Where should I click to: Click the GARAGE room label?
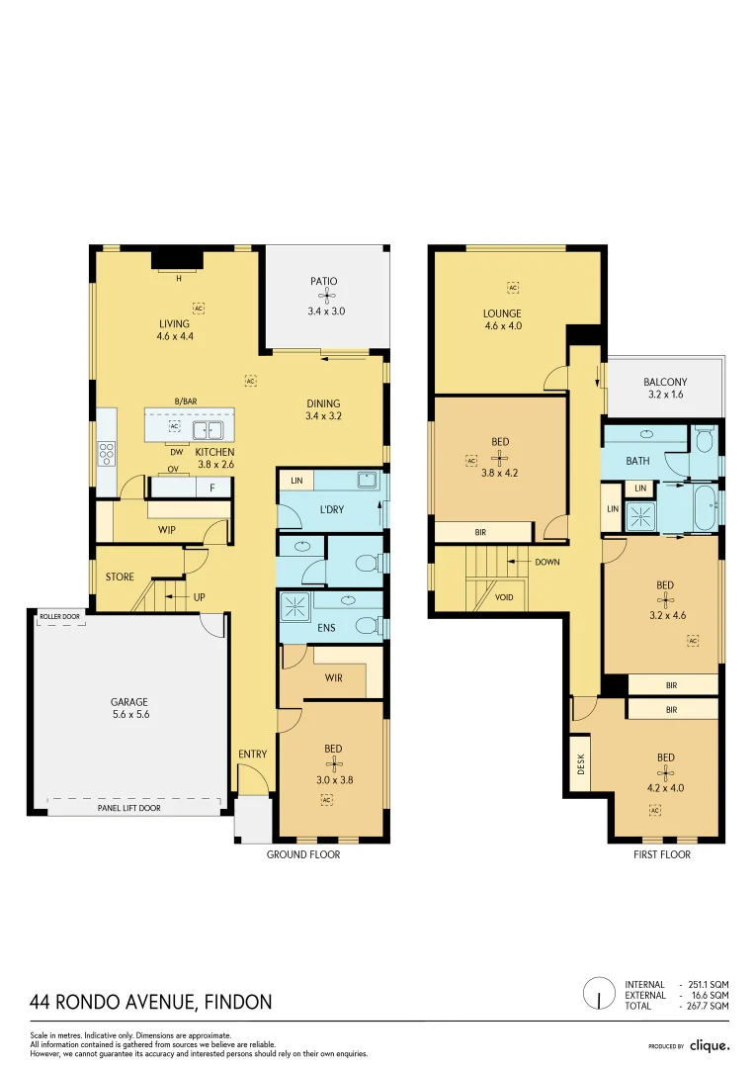pyautogui.click(x=129, y=702)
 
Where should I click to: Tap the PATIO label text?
pyautogui.click(x=323, y=282)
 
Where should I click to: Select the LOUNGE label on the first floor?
pyautogui.click(x=502, y=313)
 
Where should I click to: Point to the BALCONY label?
pyautogui.click(x=665, y=383)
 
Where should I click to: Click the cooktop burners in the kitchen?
pyautogui.click(x=106, y=453)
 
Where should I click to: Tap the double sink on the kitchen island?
pyautogui.click(x=208, y=429)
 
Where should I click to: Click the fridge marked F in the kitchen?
pyautogui.click(x=212, y=488)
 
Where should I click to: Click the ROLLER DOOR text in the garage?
pyautogui.click(x=60, y=616)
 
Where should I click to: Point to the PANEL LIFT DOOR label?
pyautogui.click(x=128, y=808)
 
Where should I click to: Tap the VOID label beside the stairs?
pyautogui.click(x=504, y=597)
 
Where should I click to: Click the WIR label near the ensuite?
pyautogui.click(x=334, y=678)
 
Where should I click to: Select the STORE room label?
pyautogui.click(x=120, y=577)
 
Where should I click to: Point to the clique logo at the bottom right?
pyautogui.click(x=709, y=1045)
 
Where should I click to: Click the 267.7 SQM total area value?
pyautogui.click(x=707, y=1006)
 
